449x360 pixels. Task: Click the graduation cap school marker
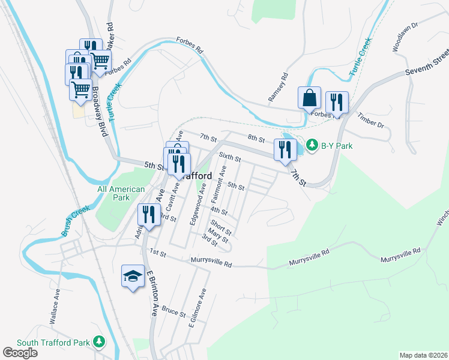tap(133, 276)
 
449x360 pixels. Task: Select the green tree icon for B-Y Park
tap(312, 145)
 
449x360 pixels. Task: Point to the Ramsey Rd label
tap(282, 87)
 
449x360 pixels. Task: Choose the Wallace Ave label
tap(55, 307)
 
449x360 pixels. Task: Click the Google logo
tap(20, 353)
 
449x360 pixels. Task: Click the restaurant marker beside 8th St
tap(284, 150)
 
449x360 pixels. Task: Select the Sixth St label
tap(229, 158)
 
